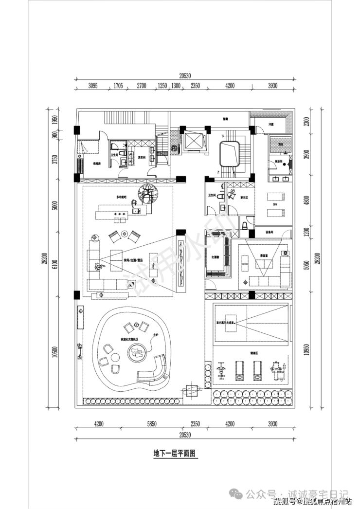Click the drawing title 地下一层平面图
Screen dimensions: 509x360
(174, 453)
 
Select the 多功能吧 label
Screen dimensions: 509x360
(121, 197)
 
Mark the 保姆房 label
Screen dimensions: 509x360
(96, 164)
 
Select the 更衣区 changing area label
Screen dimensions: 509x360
(244, 197)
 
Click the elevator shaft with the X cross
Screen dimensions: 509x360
(193, 140)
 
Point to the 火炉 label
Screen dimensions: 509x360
(156, 335)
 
